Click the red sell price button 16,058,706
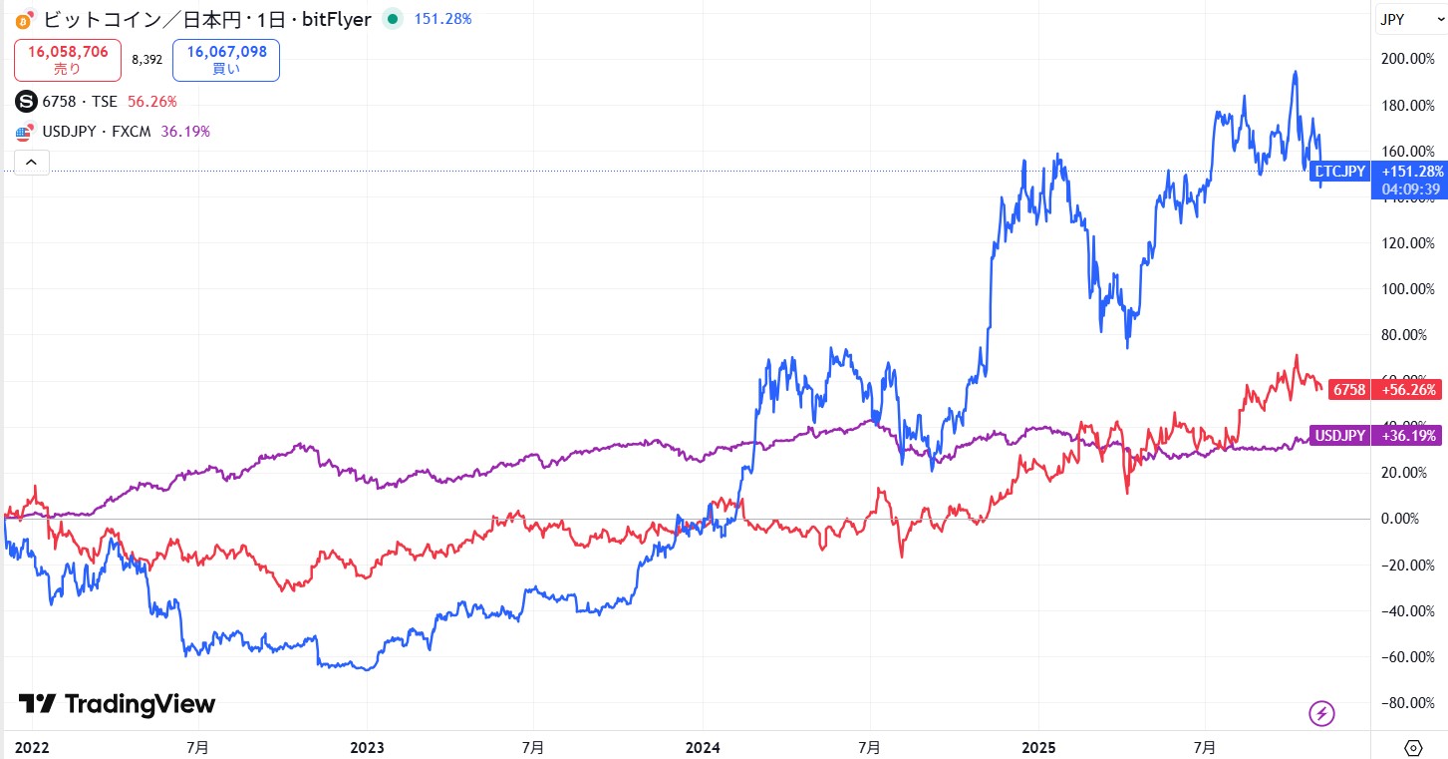68,59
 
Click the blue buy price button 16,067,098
225,59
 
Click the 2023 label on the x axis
368,746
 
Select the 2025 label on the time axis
1038,746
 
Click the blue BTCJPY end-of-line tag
1340,172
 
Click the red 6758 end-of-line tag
1348,390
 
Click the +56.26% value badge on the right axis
1409,390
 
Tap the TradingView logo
117,704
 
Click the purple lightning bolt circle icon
1320,713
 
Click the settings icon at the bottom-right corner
1413,747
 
